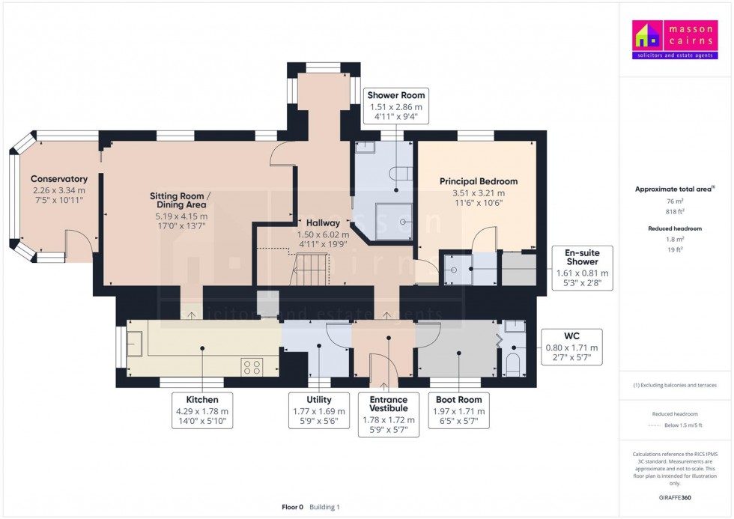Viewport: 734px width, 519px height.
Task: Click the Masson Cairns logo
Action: click(x=675, y=40)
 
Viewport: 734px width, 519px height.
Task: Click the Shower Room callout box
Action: click(x=395, y=106)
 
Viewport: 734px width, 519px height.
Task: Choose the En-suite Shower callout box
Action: click(x=582, y=267)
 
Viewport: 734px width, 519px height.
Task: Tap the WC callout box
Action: click(x=571, y=347)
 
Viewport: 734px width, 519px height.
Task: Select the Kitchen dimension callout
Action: click(x=203, y=411)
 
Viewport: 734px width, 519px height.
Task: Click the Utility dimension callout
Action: click(x=319, y=411)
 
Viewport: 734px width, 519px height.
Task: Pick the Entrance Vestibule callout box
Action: click(x=389, y=414)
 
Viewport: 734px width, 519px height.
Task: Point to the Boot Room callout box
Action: click(x=458, y=411)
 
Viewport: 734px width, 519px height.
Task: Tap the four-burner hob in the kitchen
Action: click(x=252, y=367)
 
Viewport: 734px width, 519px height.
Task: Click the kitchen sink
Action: click(x=136, y=345)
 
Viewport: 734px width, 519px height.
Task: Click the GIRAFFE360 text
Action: click(x=675, y=497)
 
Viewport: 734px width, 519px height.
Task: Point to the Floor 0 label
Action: click(x=291, y=507)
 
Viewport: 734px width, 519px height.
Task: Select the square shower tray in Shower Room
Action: click(x=394, y=222)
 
